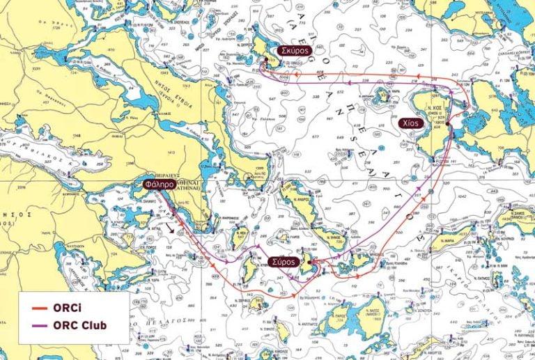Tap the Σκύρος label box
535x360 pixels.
293,51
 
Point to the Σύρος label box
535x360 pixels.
284,262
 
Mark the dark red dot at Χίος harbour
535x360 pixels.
449,126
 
